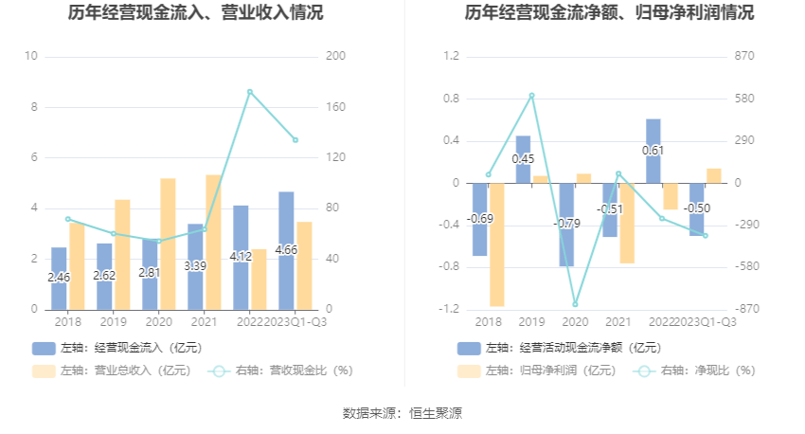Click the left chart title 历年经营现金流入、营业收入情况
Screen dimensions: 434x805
tap(195, 13)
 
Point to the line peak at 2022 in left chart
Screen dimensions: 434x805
tap(249, 92)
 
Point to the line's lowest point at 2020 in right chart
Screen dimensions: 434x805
tap(575, 304)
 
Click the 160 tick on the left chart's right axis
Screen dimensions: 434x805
tap(336, 107)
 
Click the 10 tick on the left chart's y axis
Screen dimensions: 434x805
tap(31, 57)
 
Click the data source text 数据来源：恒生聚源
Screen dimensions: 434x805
tap(402, 413)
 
